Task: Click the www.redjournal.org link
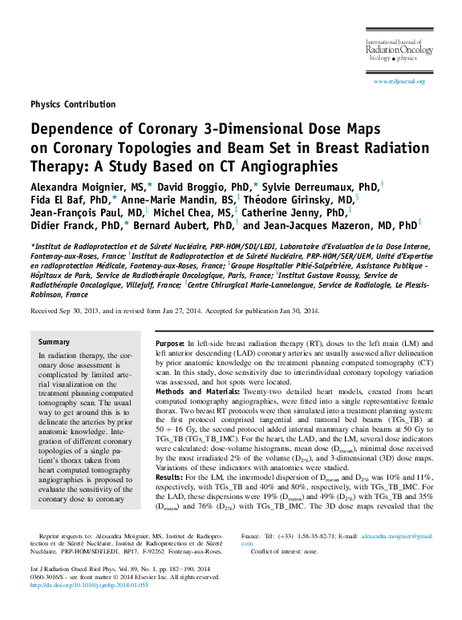click(x=399, y=82)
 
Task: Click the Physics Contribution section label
click(x=73, y=104)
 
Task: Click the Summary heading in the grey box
click(x=55, y=342)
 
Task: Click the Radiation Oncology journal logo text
click(x=399, y=50)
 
